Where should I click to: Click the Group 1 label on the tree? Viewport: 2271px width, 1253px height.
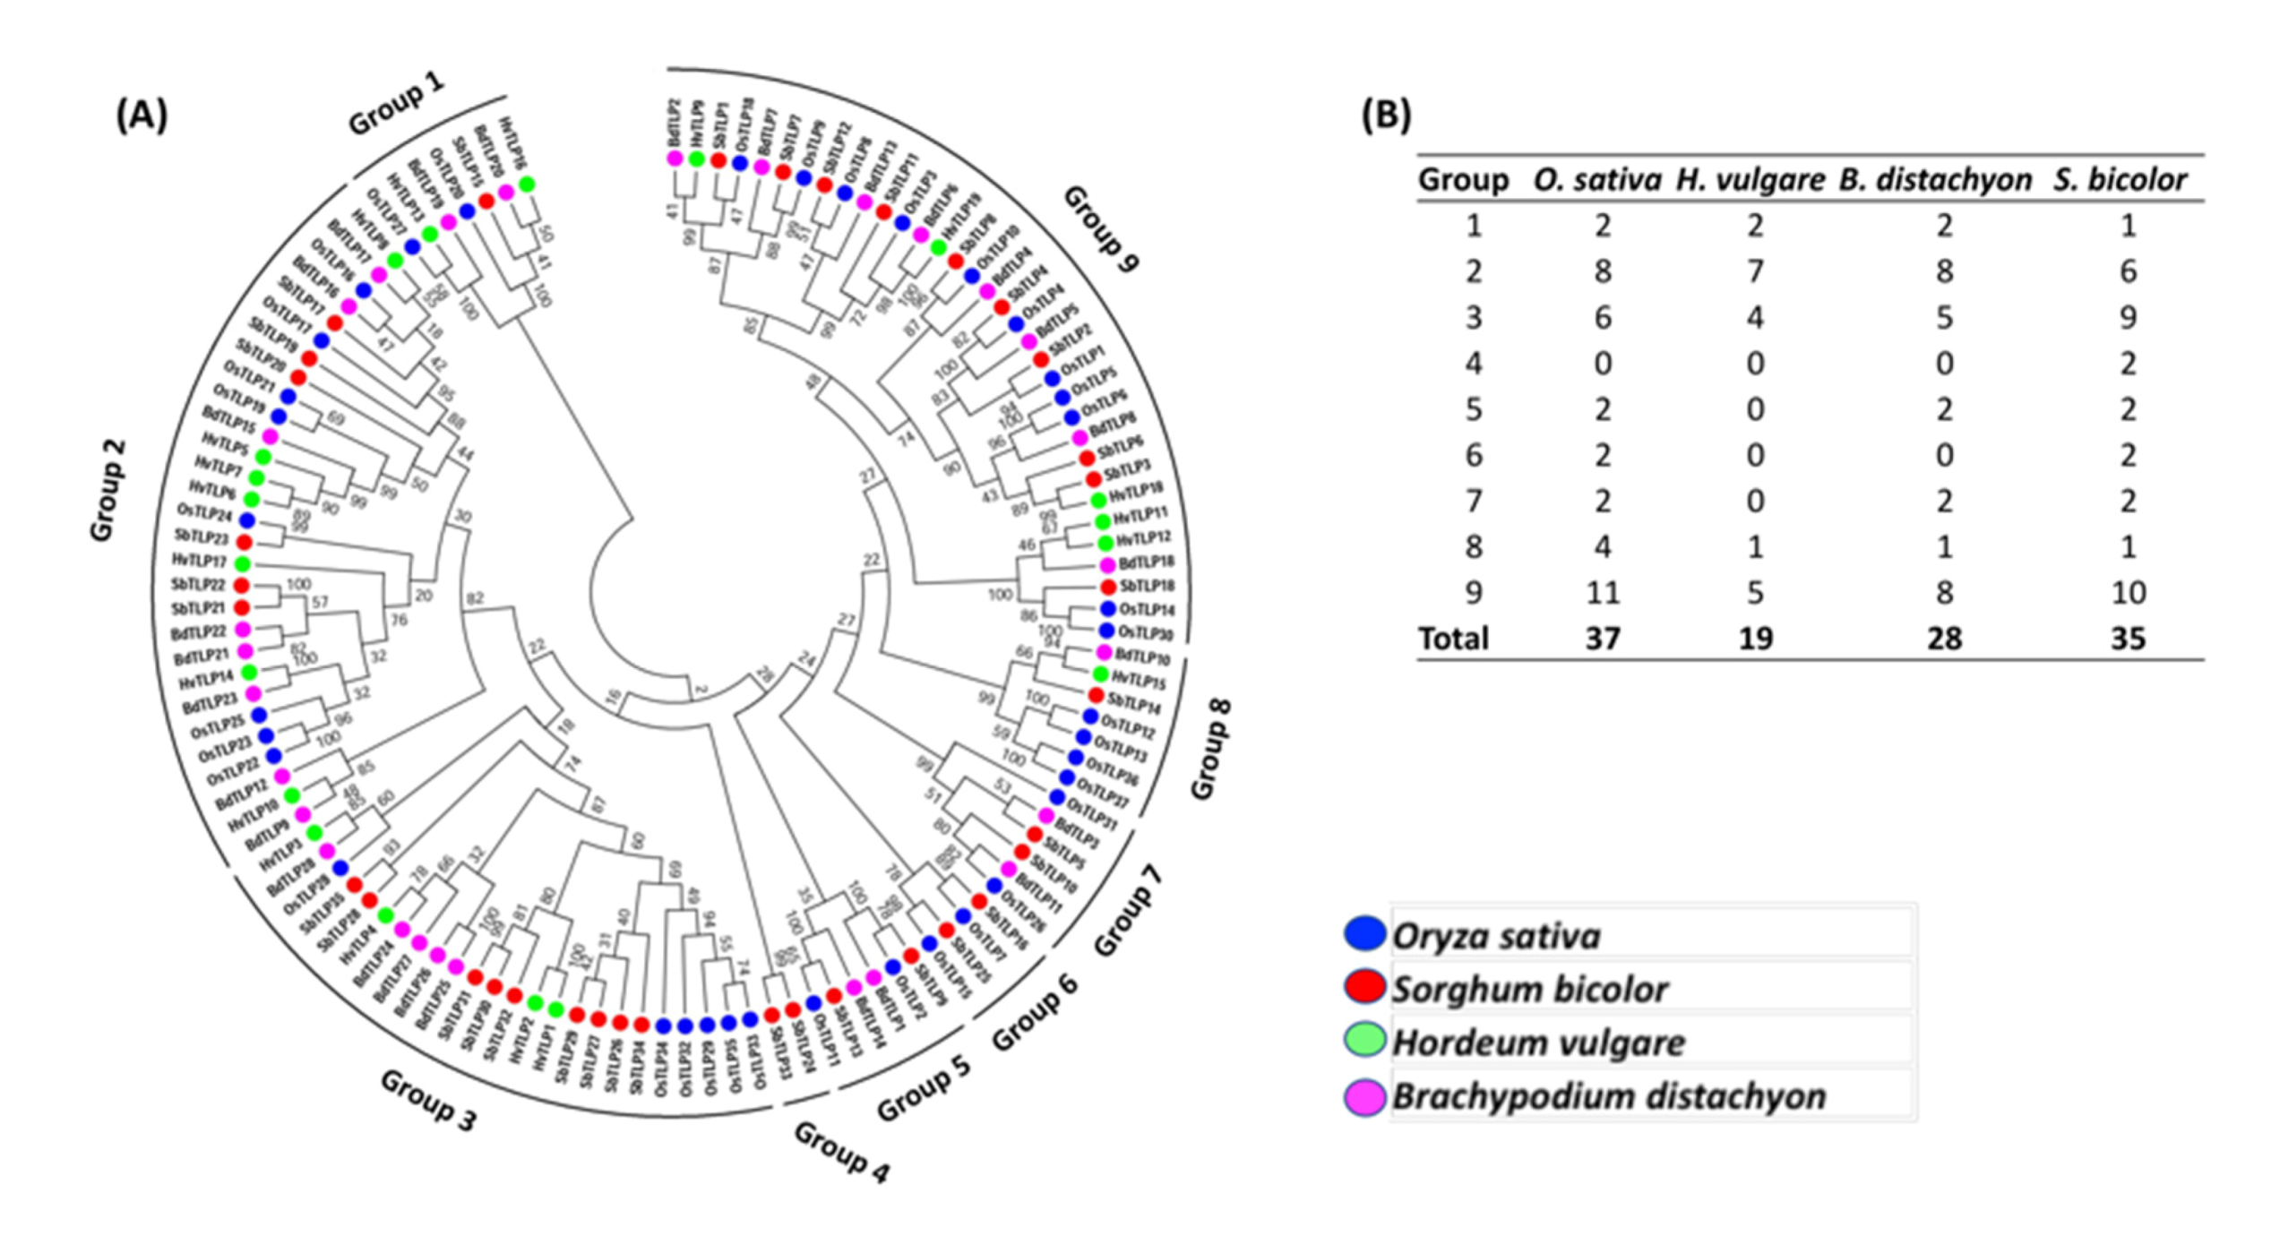pos(395,105)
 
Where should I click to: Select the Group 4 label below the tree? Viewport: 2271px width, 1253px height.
pos(841,1153)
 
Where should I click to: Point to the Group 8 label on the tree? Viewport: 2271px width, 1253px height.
pos(1210,749)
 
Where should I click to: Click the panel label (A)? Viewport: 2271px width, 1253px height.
pos(142,116)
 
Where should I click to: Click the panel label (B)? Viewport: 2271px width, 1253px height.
pos(1385,116)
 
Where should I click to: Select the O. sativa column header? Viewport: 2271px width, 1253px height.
pos(1596,180)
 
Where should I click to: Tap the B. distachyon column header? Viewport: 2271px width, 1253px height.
pos(1935,180)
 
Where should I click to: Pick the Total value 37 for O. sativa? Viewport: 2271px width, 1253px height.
pos(1602,639)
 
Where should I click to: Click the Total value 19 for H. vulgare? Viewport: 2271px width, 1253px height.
pos(1755,639)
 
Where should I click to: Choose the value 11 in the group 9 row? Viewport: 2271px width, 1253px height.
pos(1602,592)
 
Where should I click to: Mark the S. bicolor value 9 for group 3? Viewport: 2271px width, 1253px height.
pos(2128,317)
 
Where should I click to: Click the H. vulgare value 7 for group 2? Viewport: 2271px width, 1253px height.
pos(1755,271)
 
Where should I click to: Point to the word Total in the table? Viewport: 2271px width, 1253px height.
pos(1453,639)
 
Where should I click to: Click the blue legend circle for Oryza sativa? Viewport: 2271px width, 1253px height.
pos(1364,933)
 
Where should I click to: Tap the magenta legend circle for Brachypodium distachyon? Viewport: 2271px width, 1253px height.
pos(1364,1097)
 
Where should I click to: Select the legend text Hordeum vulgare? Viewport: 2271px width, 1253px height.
pos(1538,1043)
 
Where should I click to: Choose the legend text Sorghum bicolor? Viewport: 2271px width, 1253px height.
pos(1529,989)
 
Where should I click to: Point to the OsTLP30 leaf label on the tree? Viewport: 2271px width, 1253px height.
pos(1146,632)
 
